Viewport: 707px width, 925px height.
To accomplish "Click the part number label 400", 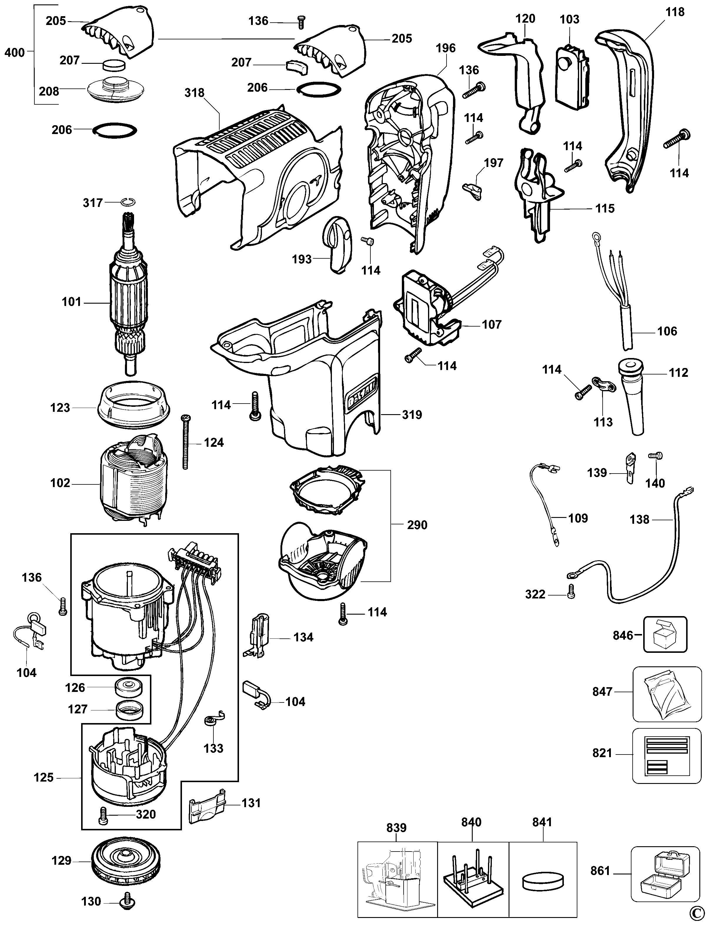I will pos(14,53).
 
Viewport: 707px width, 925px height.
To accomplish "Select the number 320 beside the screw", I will pos(146,814).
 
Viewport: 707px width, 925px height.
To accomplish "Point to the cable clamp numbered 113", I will pos(602,384).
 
